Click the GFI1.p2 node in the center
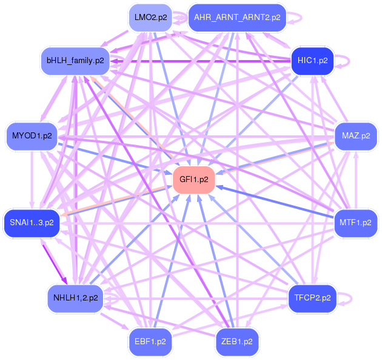(x=195, y=180)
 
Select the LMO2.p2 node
(x=150, y=18)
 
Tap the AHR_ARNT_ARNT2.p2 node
(x=236, y=18)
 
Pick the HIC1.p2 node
(x=312, y=61)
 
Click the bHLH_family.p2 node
(x=75, y=61)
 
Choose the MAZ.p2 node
(x=356, y=135)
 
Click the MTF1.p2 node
(x=355, y=223)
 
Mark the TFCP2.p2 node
(x=312, y=297)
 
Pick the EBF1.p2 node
(x=150, y=341)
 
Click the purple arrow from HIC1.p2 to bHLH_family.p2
(x=200, y=61)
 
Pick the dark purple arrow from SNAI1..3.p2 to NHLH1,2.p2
(x=53, y=261)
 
